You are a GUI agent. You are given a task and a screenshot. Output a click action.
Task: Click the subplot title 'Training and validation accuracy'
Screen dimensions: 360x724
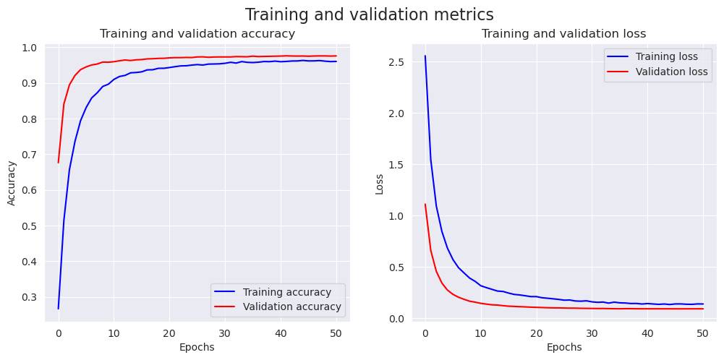tap(197, 33)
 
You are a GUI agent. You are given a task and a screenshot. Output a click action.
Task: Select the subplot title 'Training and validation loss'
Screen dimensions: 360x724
tap(563, 33)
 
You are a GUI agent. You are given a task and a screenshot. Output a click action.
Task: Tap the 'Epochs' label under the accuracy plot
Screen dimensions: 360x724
tap(197, 347)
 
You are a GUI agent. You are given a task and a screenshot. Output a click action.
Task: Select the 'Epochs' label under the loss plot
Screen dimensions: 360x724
tap(563, 347)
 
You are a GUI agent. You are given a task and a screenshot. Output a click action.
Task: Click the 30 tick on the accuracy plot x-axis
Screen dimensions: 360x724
tap(224, 332)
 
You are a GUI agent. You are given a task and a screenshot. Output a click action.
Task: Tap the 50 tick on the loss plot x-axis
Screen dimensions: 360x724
tap(702, 332)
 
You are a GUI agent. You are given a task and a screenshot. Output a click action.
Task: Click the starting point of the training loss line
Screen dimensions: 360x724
tap(425, 56)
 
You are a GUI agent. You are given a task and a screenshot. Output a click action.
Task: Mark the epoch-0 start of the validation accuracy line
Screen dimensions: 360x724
tap(59, 163)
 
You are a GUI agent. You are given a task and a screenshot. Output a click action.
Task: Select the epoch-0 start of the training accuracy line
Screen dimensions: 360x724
tap(59, 309)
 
